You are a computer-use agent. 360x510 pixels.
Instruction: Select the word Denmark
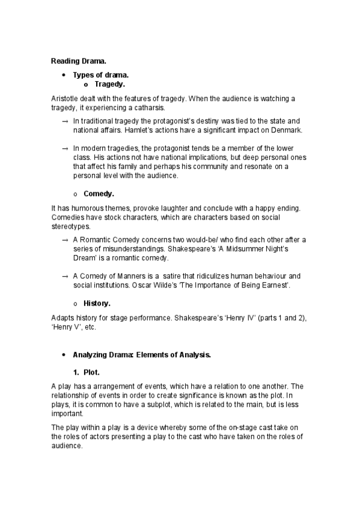tap(284, 130)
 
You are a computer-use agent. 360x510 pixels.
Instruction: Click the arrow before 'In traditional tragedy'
tap(65, 121)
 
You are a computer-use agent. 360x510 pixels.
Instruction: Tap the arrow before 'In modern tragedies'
tap(65, 148)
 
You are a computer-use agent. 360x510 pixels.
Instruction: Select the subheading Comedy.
tap(99, 194)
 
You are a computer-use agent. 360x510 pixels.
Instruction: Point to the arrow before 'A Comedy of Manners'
tap(65, 276)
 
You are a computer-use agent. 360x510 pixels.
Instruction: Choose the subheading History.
tap(97, 304)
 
